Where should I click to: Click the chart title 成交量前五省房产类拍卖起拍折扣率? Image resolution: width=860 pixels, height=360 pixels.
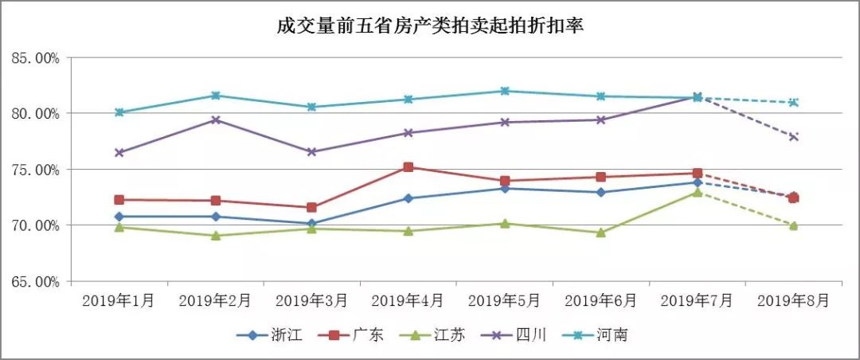click(x=430, y=27)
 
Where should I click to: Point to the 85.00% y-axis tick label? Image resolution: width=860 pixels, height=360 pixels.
click(x=35, y=58)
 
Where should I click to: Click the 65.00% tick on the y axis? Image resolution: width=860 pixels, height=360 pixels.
click(x=35, y=281)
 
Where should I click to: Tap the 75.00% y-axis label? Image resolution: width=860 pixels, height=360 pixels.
click(x=35, y=170)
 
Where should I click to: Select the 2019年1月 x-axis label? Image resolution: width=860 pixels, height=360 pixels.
click(x=119, y=300)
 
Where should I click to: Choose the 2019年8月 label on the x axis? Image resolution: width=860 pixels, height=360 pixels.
click(x=793, y=300)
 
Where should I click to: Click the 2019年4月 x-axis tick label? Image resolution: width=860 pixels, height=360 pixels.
click(x=408, y=300)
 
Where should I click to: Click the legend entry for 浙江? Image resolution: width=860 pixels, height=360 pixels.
click(x=270, y=335)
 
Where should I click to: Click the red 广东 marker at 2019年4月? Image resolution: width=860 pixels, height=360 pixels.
click(x=408, y=167)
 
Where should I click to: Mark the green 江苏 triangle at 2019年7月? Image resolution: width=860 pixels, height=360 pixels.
click(x=698, y=192)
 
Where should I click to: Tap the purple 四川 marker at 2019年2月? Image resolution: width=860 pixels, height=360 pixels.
click(x=215, y=119)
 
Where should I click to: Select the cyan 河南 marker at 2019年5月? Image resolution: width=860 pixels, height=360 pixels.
click(x=504, y=91)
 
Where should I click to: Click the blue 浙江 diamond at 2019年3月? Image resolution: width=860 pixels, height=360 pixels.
click(x=311, y=224)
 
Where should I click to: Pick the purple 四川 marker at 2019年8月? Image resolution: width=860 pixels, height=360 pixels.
click(x=794, y=137)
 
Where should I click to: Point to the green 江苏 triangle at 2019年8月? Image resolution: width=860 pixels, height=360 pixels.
click(x=794, y=225)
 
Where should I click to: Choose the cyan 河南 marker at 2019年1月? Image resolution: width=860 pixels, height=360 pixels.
click(x=119, y=112)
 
